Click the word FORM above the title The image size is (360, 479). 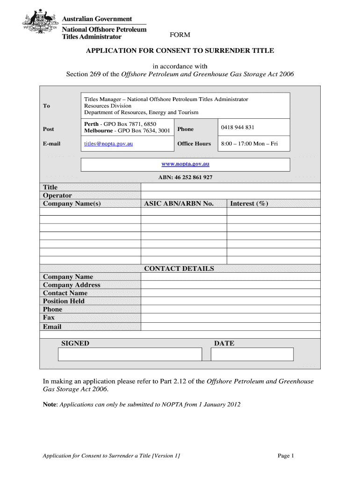(180, 35)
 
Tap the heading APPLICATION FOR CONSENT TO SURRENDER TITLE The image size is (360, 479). (180, 51)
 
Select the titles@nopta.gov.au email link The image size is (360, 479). (108, 144)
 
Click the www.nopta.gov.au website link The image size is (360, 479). (185, 164)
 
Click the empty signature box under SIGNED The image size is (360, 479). (130, 355)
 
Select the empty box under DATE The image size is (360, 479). (252, 355)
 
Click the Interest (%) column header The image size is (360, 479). (249, 203)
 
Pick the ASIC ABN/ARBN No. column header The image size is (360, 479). (179, 203)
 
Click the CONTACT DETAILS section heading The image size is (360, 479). (179, 269)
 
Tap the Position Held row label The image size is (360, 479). (64, 301)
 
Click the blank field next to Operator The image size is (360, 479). (230, 196)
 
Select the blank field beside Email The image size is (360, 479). (230, 327)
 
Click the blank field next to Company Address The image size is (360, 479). (230, 285)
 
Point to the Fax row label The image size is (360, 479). (49, 318)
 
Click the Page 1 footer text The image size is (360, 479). (285, 456)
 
